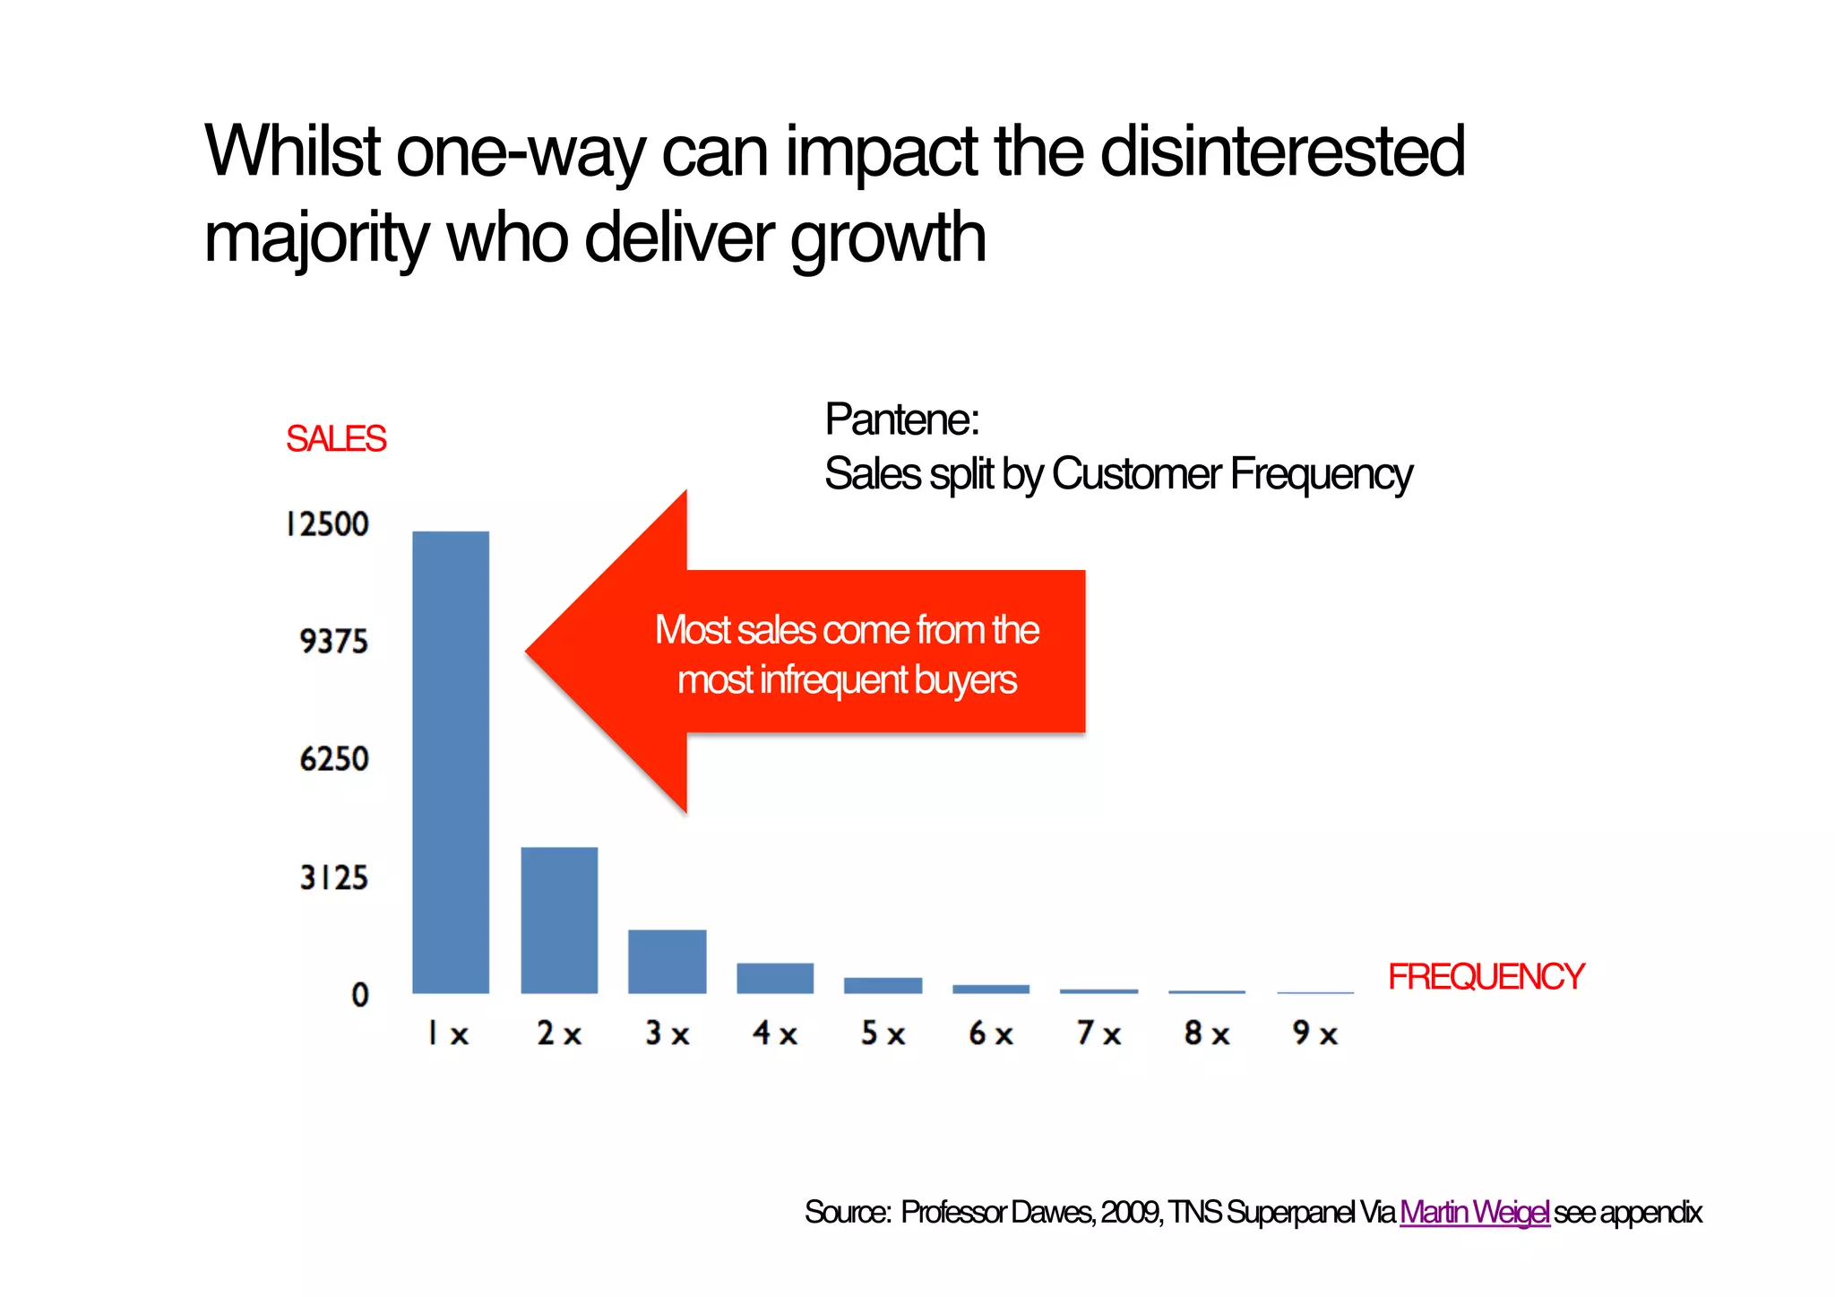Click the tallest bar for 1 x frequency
tap(451, 762)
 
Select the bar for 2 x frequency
tap(559, 920)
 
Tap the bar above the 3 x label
tap(667, 961)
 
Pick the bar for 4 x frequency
tap(775, 978)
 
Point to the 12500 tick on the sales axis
tap(328, 524)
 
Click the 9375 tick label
tap(333, 642)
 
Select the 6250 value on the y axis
tap(333, 760)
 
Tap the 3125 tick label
tap(333, 878)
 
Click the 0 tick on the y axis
tap(360, 995)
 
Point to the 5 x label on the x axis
tap(883, 1034)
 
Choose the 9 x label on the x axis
tap(1314, 1034)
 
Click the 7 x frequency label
tap(1098, 1034)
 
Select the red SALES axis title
tap(336, 439)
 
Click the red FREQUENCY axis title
tap(1486, 977)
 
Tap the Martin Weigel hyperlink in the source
tap(1474, 1213)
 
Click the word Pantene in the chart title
tap(900, 419)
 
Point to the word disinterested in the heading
tap(1282, 151)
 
